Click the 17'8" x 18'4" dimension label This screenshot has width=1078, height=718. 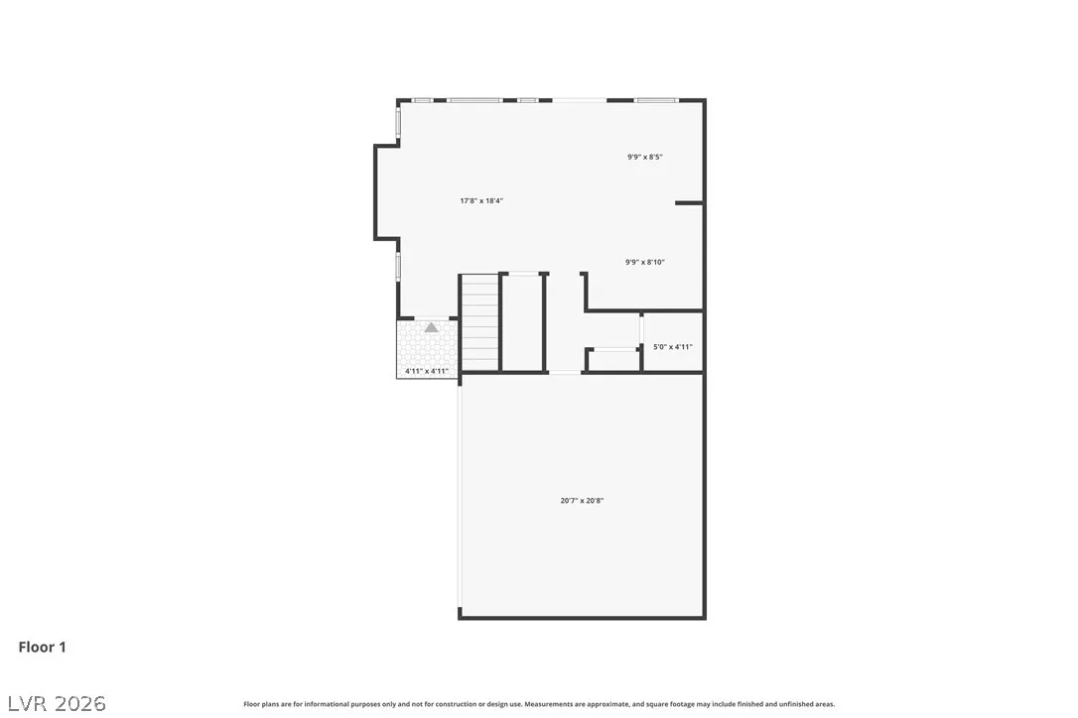coord(481,200)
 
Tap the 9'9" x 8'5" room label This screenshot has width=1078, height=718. coord(645,157)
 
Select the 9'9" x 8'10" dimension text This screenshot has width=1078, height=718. coord(645,262)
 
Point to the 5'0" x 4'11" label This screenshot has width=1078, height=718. coord(672,347)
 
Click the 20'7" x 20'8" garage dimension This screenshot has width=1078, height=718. coord(582,501)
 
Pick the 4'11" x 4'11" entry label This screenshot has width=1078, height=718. coord(426,371)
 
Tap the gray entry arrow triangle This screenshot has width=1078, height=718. coord(431,327)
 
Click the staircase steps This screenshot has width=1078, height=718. coord(479,323)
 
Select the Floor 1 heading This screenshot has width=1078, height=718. coord(42,648)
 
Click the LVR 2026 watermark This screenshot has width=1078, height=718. coord(57,703)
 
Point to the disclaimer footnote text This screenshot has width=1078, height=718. coord(539,704)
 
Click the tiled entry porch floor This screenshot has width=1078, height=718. coord(427,348)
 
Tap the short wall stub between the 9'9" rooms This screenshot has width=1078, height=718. coord(689,203)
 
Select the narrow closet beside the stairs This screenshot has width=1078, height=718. coord(523,323)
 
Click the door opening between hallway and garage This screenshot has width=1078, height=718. coord(565,373)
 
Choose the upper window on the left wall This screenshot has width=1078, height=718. coord(398,122)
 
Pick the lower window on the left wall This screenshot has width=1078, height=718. coord(398,266)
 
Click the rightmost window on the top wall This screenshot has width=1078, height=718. coord(656,100)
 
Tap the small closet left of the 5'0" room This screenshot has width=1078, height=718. coord(613,361)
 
